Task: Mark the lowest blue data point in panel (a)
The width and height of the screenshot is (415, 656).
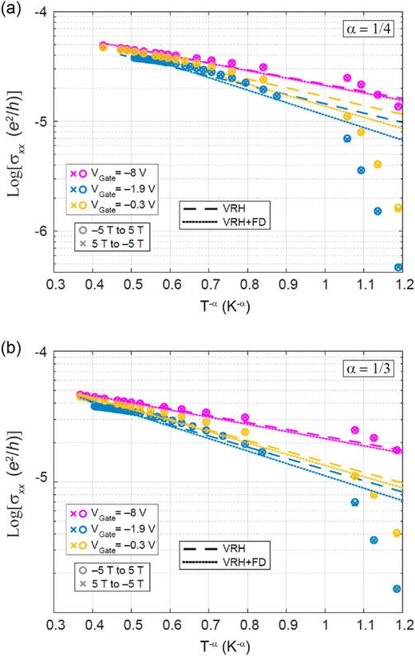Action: (398, 267)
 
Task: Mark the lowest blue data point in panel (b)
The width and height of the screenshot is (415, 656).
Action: (397, 589)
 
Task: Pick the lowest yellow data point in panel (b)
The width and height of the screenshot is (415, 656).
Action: (397, 532)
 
